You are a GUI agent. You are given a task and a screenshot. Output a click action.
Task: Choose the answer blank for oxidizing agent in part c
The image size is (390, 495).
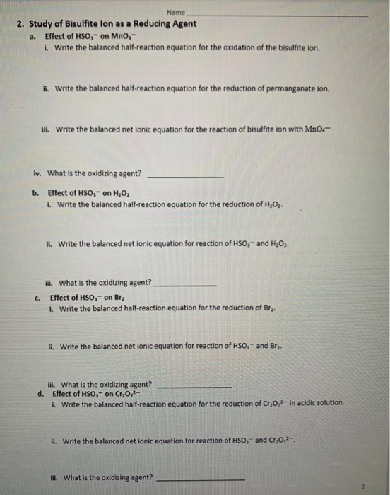click(195, 387)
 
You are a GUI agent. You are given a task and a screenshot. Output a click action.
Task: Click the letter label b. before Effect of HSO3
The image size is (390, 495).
click(35, 192)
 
